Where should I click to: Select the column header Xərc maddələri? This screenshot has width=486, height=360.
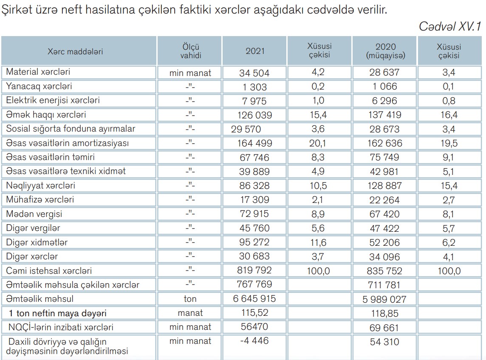(x=75, y=51)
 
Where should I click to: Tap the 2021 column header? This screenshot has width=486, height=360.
(x=255, y=51)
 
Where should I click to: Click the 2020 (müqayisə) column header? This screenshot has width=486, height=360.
(x=385, y=51)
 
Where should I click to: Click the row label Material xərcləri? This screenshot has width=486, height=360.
(x=38, y=72)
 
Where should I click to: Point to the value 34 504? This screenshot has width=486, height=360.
(x=254, y=73)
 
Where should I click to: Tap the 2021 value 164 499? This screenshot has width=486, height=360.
(x=254, y=143)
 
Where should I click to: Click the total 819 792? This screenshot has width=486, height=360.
(x=254, y=270)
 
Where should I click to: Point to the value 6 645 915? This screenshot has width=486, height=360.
(x=254, y=298)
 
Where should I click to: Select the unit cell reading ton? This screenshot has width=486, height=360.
(x=190, y=299)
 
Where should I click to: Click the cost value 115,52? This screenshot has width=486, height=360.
(x=254, y=313)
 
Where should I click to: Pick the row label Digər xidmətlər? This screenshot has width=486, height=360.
(x=37, y=242)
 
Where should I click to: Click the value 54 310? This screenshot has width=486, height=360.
(x=385, y=341)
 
